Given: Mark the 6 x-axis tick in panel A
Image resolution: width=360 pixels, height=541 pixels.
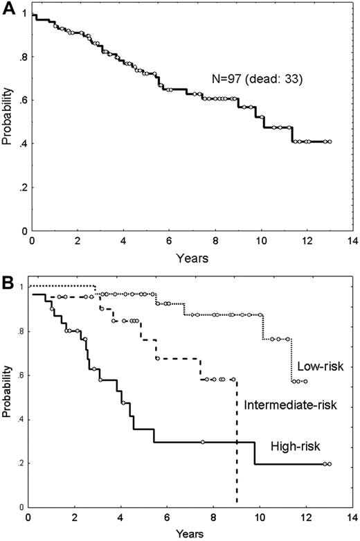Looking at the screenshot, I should (x=169, y=242).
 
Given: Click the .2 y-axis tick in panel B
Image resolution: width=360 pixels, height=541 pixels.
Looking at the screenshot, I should (x=20, y=463).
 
